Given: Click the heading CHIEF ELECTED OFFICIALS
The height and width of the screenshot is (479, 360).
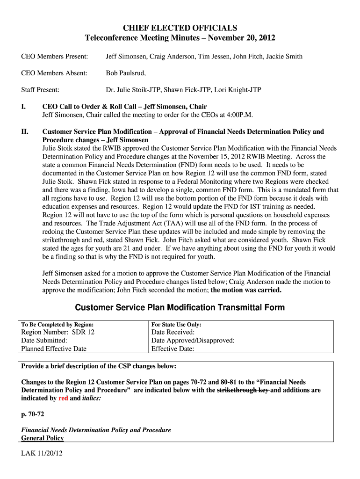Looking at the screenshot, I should coord(180,28).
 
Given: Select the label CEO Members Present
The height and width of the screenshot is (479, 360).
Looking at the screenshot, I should coord(55,57).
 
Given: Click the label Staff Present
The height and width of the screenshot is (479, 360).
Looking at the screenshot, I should coord(40,90).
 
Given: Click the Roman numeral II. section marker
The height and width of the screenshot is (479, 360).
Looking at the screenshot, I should coord(25,132).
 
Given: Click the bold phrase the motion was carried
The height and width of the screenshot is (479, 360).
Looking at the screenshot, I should coord(246,290).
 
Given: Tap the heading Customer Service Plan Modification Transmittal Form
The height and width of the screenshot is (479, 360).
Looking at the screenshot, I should coord(180,308).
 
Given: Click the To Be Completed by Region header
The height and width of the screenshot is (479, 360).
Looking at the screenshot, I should coord(58,324).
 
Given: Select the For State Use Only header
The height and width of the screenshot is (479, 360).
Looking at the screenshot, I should coord(176,324).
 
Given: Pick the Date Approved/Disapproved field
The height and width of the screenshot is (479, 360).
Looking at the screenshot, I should coord(193,341).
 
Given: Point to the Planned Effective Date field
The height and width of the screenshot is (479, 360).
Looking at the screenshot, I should coord(54,349).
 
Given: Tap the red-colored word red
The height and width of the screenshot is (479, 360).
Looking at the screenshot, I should coord(63,399).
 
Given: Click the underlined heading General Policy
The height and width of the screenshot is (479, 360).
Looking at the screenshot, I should coord(43,438).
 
